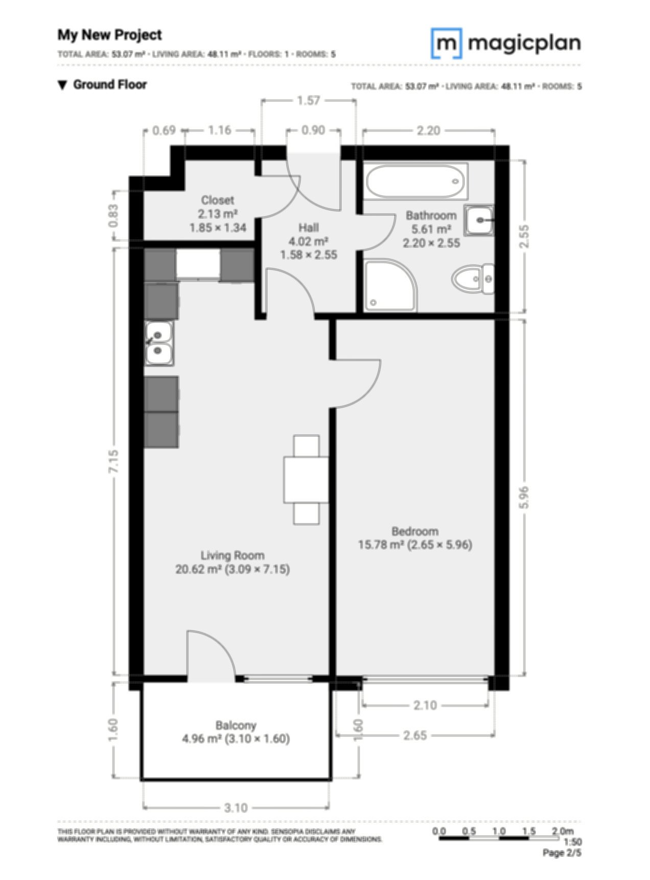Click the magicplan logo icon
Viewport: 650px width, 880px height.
tap(447, 43)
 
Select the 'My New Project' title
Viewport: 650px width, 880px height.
tap(109, 35)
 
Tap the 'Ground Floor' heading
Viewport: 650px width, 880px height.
tap(110, 85)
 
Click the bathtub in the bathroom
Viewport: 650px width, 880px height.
tap(416, 181)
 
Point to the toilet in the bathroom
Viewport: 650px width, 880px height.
tap(473, 279)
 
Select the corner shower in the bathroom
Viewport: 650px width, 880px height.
tap(390, 285)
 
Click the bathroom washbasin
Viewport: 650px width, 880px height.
tap(479, 220)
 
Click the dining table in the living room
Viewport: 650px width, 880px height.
tap(306, 479)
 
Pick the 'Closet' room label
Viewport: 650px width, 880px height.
tap(218, 200)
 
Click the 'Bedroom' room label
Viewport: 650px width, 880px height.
tap(415, 531)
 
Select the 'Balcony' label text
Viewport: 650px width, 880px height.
tap(236, 725)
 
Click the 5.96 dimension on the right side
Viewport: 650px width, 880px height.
tap(524, 497)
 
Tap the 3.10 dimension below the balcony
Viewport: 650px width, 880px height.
tap(236, 808)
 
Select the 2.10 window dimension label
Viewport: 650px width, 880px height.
tap(425, 705)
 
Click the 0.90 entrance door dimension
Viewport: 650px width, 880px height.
tap(313, 130)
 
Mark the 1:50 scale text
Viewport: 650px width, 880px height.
tap(573, 842)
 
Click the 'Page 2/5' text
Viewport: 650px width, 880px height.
tap(562, 852)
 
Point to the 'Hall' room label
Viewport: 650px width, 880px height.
tap(309, 228)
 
